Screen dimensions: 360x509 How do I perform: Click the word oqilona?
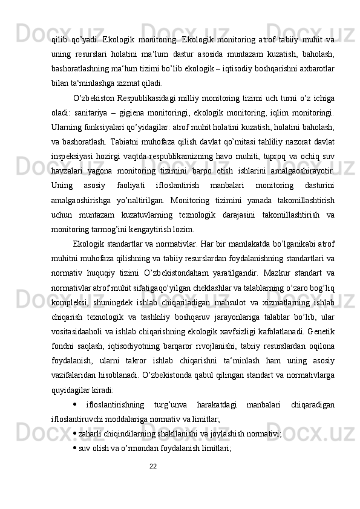click(x=322, y=361)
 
